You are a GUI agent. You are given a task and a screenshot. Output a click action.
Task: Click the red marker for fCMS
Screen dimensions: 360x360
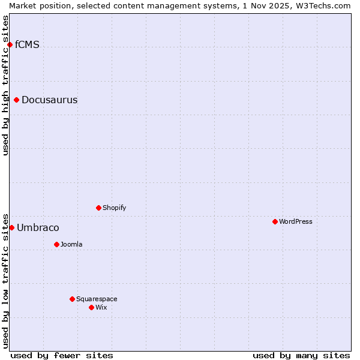pos(10,45)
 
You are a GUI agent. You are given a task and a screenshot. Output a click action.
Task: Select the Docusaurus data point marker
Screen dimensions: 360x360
pos(17,100)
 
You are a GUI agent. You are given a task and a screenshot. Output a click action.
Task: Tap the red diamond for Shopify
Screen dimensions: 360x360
pos(99,208)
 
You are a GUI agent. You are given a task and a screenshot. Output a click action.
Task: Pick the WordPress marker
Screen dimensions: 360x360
pos(275,221)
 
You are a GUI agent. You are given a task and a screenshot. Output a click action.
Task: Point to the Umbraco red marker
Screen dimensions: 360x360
pos(11,227)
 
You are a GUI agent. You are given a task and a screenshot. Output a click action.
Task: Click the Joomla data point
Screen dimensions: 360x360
pos(57,244)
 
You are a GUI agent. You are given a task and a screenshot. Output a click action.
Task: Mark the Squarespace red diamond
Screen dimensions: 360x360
pos(73,299)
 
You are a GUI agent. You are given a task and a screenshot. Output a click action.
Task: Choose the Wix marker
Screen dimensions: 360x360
pos(92,307)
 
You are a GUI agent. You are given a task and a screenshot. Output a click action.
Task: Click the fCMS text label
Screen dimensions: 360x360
pos(27,44)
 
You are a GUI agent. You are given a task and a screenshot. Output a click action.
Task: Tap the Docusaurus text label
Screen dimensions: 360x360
pos(49,100)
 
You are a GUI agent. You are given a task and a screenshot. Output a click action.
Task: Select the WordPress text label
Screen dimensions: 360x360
pos(295,221)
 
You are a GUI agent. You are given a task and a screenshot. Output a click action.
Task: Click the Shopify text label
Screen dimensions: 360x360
pos(114,208)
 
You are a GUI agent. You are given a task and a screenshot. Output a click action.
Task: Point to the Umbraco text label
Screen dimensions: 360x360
pos(38,227)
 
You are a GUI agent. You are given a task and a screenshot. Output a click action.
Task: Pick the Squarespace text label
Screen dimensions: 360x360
pos(97,299)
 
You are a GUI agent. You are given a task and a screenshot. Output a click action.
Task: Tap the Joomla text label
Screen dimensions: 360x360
pos(71,244)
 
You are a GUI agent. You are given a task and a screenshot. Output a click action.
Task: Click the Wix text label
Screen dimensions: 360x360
pos(101,307)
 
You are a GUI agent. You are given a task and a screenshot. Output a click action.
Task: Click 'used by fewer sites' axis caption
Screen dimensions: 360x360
pos(62,355)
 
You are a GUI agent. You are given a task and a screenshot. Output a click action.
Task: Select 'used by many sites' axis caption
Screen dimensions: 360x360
pos(301,355)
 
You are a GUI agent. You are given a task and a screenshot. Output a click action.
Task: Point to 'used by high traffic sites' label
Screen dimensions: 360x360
pos(5,85)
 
